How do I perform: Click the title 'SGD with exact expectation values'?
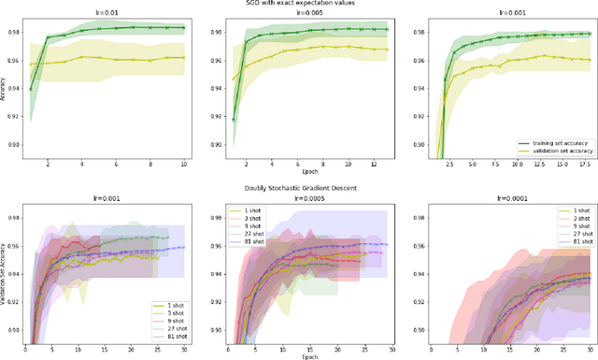(x=298, y=4)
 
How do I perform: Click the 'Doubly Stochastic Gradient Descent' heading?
(x=298, y=186)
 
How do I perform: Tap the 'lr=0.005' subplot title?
(x=306, y=13)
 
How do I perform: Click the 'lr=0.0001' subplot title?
(x=506, y=197)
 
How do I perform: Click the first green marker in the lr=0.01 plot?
(x=31, y=91)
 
